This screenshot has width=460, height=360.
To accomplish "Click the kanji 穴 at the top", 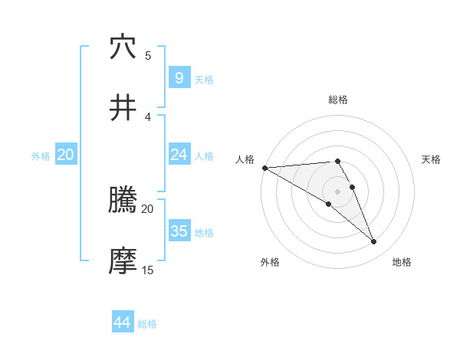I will (123, 47).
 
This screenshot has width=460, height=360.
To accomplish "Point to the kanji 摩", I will (123, 261).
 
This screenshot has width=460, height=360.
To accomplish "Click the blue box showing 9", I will (179, 77).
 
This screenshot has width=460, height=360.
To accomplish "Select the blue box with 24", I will (179, 155).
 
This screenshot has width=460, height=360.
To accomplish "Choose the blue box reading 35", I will (179, 231).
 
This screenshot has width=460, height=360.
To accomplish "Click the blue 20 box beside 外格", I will (65, 155).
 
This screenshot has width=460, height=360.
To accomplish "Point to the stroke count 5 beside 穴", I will (148, 55).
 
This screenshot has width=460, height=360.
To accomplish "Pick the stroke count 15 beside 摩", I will (148, 270).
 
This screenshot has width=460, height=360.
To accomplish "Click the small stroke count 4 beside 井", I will (148, 116).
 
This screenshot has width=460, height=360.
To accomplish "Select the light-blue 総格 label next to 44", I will (147, 324).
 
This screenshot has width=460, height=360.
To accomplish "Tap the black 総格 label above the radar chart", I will (337, 100).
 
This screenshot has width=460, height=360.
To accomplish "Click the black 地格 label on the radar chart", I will (402, 262).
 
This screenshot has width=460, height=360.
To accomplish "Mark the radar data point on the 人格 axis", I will (264, 168).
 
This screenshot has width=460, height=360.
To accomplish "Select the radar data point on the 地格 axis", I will (373, 241).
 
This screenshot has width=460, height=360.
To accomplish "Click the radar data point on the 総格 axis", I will (337, 161).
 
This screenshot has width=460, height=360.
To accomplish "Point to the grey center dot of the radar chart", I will (337, 191).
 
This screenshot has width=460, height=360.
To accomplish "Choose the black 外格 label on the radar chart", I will (270, 262).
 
